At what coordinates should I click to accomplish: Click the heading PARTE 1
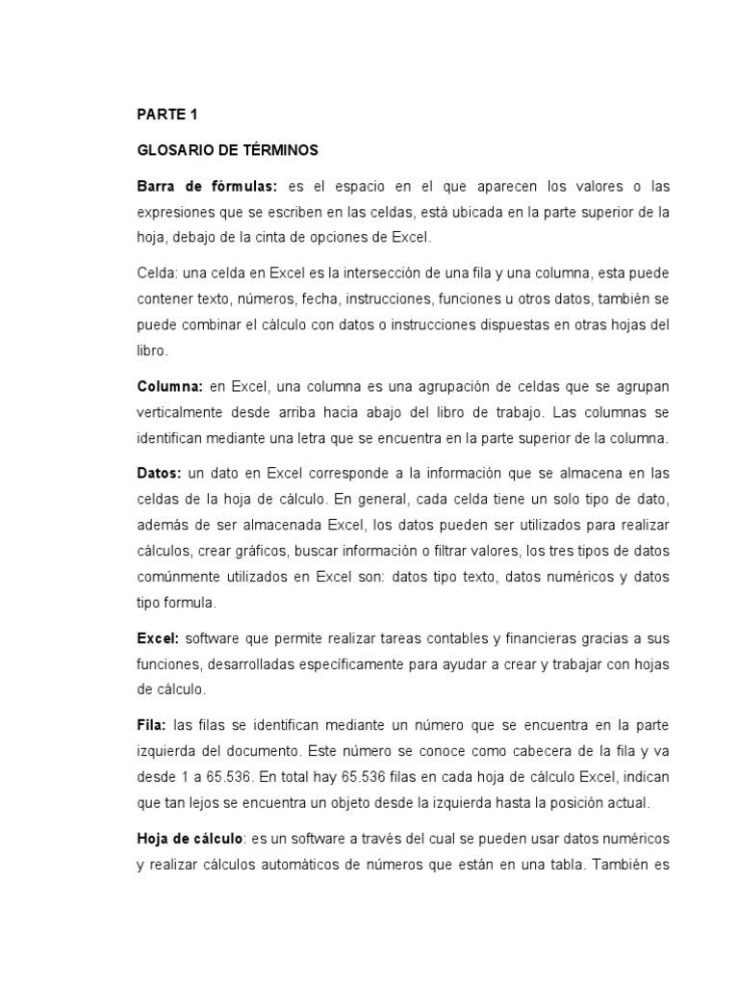(166, 115)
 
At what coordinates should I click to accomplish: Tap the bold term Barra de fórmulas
(207, 186)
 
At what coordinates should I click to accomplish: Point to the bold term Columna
(169, 386)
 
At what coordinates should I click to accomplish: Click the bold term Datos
(158, 474)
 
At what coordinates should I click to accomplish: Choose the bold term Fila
(151, 724)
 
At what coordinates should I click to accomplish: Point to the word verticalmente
(184, 412)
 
